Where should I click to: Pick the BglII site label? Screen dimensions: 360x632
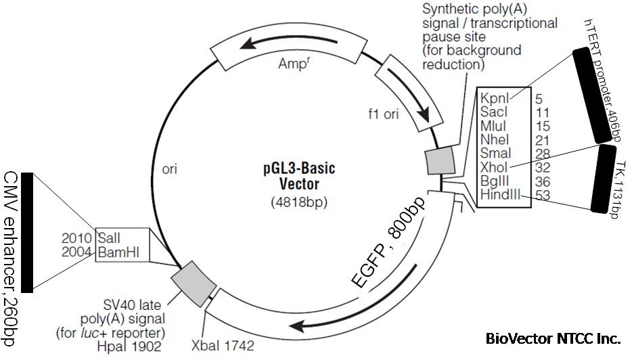click(495, 181)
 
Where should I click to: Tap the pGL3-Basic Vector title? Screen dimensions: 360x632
click(299, 174)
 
